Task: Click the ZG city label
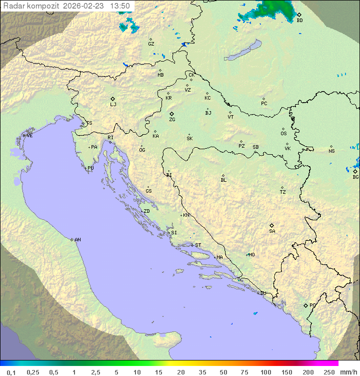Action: (172, 120)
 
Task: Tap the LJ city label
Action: (113, 105)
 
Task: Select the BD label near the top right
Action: (299, 21)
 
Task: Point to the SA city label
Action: (272, 231)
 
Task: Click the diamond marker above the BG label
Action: (355, 171)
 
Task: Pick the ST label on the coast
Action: (198, 245)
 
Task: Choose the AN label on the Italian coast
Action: (77, 240)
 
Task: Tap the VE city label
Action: (29, 136)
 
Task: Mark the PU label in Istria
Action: (90, 168)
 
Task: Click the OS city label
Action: (283, 134)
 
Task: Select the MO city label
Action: (251, 255)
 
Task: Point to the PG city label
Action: (312, 305)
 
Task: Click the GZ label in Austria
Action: (151, 44)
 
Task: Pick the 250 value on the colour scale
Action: (328, 372)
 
